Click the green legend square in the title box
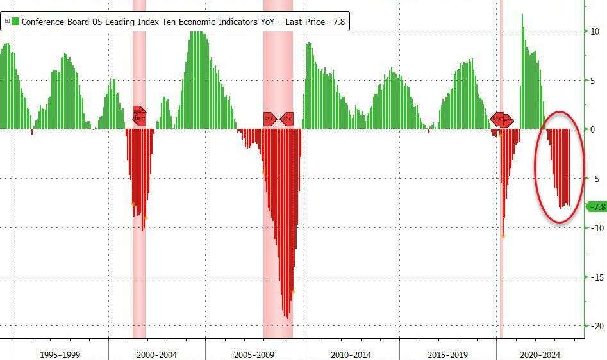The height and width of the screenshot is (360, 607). pyautogui.click(x=15, y=21)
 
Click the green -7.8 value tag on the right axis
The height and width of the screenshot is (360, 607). pyautogui.click(x=597, y=207)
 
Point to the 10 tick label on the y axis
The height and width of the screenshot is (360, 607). pyautogui.click(x=595, y=31)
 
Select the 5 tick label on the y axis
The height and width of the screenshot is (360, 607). pyautogui.click(x=594, y=81)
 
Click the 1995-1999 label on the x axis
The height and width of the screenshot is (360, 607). pyautogui.click(x=60, y=354)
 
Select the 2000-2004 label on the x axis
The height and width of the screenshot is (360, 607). pyautogui.click(x=156, y=354)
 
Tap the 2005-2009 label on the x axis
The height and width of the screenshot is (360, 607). pyautogui.click(x=254, y=354)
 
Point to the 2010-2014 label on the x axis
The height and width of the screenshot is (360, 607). pyautogui.click(x=351, y=354)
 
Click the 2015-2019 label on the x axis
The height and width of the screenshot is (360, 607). pyautogui.click(x=447, y=354)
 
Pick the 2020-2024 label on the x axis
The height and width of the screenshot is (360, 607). pyautogui.click(x=540, y=354)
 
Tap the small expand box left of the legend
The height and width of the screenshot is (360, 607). pyautogui.click(x=6, y=21)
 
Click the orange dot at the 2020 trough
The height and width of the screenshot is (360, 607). pyautogui.click(x=503, y=236)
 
